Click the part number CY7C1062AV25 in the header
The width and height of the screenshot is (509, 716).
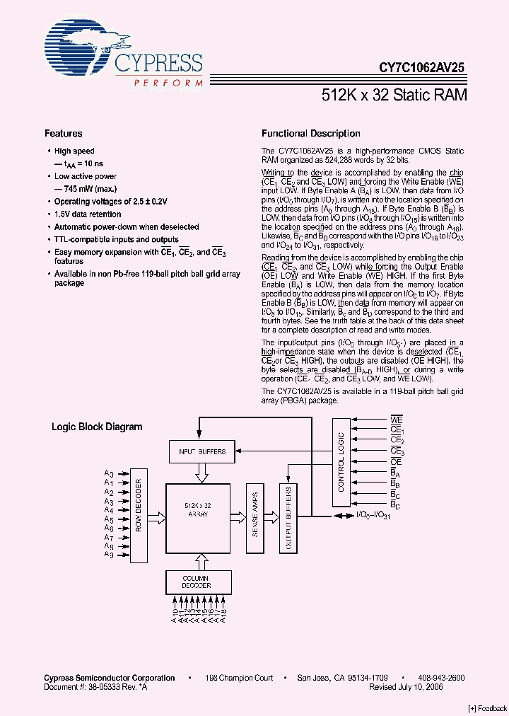[x=421, y=68]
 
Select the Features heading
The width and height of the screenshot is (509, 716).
[x=63, y=133]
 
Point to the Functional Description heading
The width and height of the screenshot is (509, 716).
[x=310, y=133]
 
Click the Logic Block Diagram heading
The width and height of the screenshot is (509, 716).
[x=97, y=427]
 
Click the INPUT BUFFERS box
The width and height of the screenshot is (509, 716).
[x=201, y=451]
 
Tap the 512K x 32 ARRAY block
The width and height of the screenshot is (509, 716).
[x=197, y=510]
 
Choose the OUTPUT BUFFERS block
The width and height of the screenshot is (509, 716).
[x=288, y=519]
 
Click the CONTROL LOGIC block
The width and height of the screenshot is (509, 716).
[x=341, y=462]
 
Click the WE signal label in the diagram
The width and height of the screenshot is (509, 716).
[x=396, y=420]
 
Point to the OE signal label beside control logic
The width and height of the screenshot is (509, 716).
[x=396, y=461]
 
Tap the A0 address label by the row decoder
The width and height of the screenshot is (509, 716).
[x=109, y=473]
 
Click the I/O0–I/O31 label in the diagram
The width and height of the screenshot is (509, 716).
[x=373, y=516]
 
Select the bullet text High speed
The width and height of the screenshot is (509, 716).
[x=74, y=151]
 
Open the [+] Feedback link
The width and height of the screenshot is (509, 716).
[x=487, y=708]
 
